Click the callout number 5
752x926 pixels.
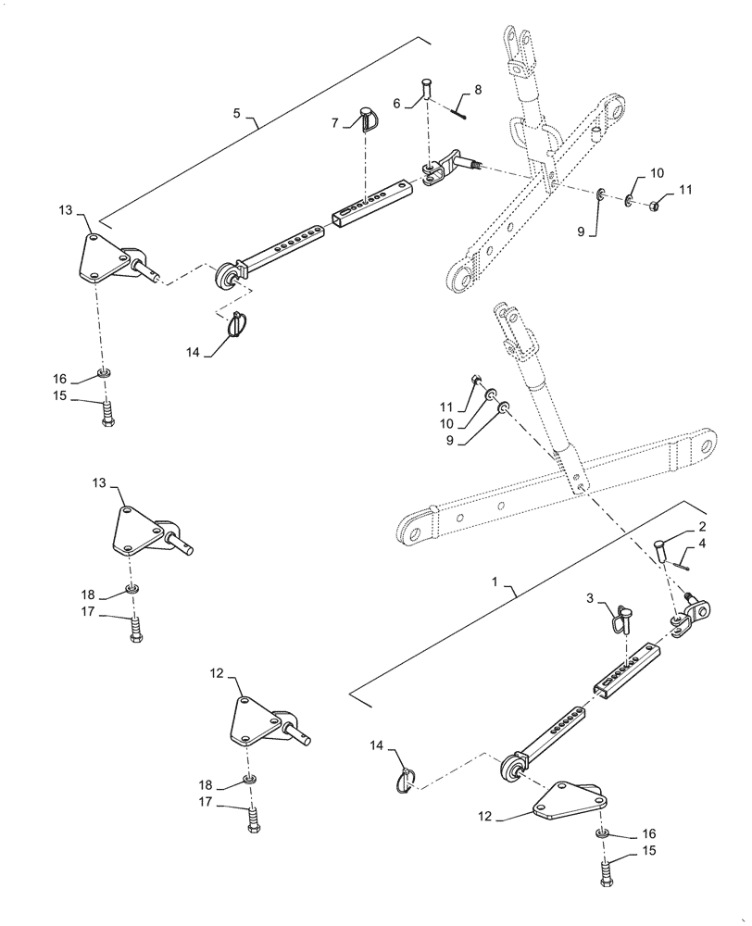click(x=236, y=113)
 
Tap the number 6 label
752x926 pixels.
click(x=396, y=104)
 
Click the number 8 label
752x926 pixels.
click(x=478, y=90)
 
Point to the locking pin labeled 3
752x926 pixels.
click(x=620, y=616)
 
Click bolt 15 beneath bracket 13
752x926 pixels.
click(x=107, y=410)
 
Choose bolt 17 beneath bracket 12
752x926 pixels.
click(x=253, y=819)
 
